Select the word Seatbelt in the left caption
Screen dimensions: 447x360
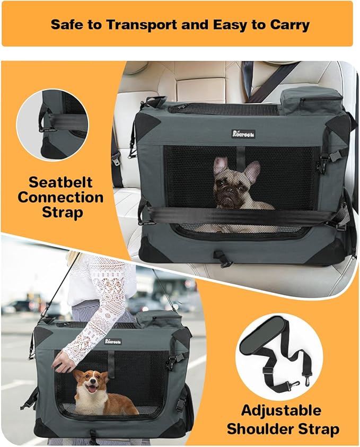[60, 183]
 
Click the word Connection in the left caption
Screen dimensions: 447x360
[60, 198]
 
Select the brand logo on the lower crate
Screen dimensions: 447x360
[113, 341]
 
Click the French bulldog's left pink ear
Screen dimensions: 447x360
[219, 164]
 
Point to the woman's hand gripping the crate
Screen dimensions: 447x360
[65, 362]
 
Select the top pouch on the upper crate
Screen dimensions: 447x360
[310, 100]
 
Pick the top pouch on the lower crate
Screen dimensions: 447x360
[158, 319]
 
